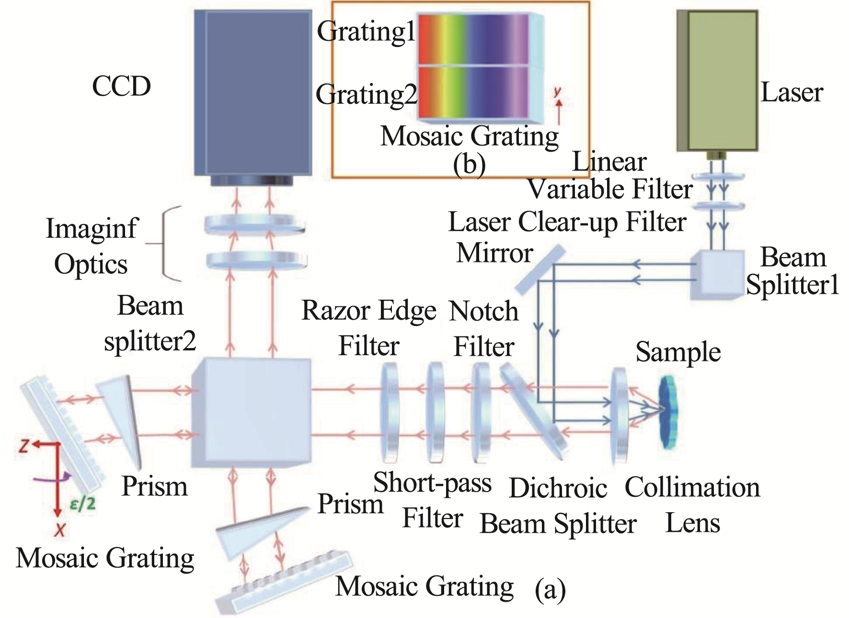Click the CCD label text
point(121,87)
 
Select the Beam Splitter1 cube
point(716,275)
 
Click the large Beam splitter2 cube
point(251,413)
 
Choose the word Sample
point(677,352)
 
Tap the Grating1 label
point(366,32)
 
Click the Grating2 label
point(366,94)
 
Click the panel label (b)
point(469,164)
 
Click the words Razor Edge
point(368,311)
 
